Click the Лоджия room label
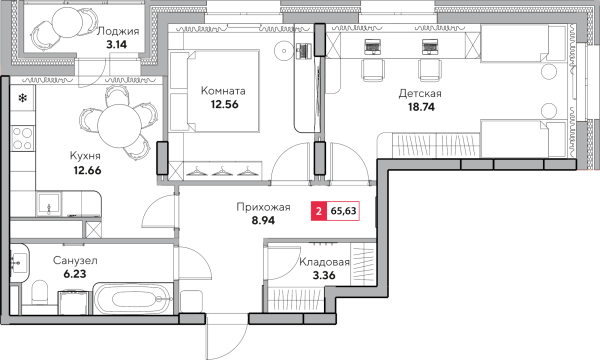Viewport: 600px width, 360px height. [117, 31]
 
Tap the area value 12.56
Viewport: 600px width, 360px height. [224, 104]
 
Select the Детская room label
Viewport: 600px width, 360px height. [420, 93]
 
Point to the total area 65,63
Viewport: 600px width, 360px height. [343, 211]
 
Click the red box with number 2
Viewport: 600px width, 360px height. [319, 211]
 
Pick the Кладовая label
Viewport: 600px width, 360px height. [324, 262]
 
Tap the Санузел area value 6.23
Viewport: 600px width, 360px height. [75, 274]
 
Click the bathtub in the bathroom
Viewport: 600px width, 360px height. [132, 299]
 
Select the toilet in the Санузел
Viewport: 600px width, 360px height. [39, 292]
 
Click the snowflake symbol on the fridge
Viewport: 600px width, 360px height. [23, 98]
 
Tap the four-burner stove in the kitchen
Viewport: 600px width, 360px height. [22, 138]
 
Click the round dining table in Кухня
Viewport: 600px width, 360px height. [119, 126]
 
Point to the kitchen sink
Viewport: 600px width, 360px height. [49, 204]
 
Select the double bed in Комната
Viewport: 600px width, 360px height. [214, 92]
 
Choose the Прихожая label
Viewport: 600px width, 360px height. [263, 207]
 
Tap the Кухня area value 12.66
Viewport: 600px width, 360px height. [88, 170]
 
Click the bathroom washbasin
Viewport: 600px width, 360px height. [18, 263]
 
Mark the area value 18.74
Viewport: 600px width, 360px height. [421, 107]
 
